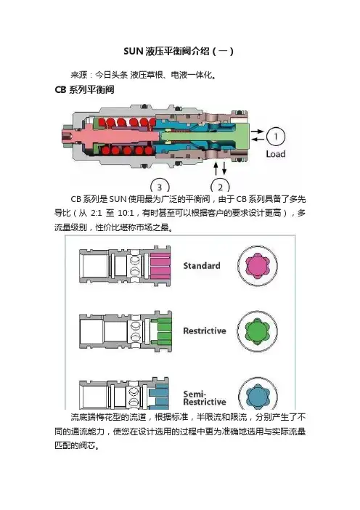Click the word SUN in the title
pyautogui.click(x=134, y=52)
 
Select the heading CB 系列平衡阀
pyautogui.click(x=84, y=89)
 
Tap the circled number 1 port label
pyautogui.click(x=276, y=137)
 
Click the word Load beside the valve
pyautogui.click(x=276, y=154)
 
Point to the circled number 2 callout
pyautogui.click(x=221, y=185)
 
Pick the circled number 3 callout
pyautogui.click(x=160, y=186)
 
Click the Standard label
pyautogui.click(x=202, y=266)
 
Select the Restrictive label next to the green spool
pyautogui.click(x=205, y=331)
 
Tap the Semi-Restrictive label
pyautogui.click(x=205, y=398)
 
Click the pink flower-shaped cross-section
pyautogui.click(x=258, y=265)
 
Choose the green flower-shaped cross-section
pyautogui.click(x=257, y=331)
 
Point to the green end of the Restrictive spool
pyautogui.click(x=161, y=332)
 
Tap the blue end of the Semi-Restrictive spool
pyautogui.click(x=160, y=396)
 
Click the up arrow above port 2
pyautogui.click(x=216, y=168)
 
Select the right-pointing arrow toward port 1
pyautogui.click(x=258, y=131)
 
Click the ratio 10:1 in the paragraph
pyautogui.click(x=126, y=214)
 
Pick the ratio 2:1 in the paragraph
pyautogui.click(x=97, y=214)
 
